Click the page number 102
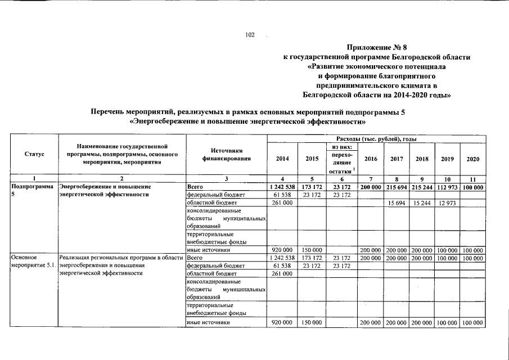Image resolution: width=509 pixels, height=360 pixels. (250, 35)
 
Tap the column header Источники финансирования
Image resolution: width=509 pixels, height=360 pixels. (226, 155)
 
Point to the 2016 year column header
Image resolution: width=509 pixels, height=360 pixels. (371, 159)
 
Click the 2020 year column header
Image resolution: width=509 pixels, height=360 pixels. (473, 159)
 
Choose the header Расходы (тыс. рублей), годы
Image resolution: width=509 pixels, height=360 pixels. (376, 138)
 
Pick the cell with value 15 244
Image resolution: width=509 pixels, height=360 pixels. (422, 202)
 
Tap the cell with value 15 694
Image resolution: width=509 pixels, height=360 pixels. (397, 202)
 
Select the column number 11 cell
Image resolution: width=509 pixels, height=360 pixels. (473, 178)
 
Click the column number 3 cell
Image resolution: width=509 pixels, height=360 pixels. (226, 178)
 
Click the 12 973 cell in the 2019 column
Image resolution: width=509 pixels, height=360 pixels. (448, 202)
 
